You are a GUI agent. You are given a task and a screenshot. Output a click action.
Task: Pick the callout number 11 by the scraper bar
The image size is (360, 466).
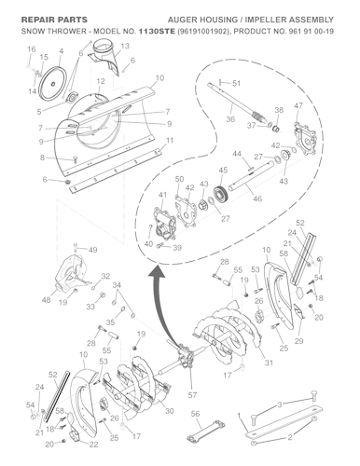169,141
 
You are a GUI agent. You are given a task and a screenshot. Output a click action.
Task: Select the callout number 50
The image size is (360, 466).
179,179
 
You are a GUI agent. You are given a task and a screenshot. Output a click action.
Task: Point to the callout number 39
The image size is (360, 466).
177,249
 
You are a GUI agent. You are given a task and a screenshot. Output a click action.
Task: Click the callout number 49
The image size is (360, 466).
92,251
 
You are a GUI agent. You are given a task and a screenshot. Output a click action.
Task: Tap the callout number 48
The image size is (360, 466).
47,300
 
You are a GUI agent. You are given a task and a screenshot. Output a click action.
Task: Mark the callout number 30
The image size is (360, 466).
169,411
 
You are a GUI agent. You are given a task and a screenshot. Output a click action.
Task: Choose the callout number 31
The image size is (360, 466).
269,363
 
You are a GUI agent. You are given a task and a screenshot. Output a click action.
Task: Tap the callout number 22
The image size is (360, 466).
93,445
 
